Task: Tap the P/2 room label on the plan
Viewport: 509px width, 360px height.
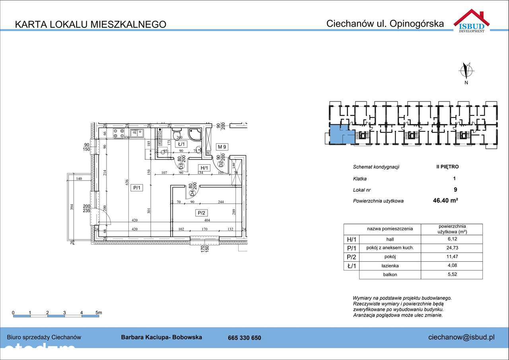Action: [201, 213]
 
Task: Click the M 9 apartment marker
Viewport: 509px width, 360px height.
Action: [221, 147]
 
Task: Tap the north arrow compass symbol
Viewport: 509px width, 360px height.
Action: [466, 70]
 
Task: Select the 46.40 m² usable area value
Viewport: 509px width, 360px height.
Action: [445, 201]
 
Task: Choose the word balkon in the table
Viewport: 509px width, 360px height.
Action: [390, 275]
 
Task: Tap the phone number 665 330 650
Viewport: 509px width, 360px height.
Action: [245, 338]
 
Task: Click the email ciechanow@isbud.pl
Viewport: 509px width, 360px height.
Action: [461, 337]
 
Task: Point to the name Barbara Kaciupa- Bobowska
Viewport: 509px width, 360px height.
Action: [161, 337]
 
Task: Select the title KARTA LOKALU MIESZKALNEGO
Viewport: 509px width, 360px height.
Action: [90, 24]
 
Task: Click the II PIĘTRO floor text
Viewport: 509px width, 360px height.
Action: [447, 167]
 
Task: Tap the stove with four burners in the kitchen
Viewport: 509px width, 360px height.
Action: [119, 133]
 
